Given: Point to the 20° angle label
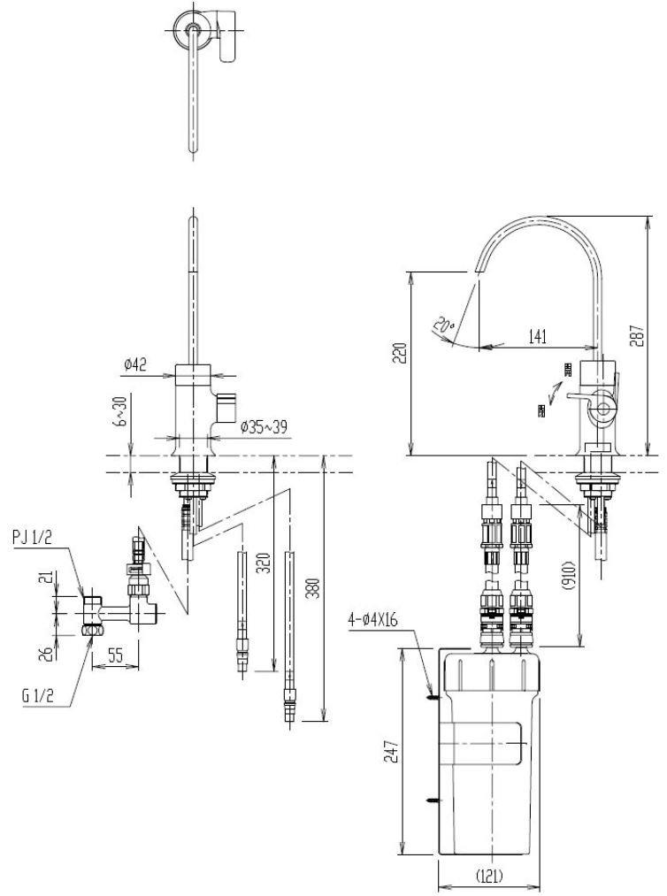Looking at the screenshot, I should pos(443,325).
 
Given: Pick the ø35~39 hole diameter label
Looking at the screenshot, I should pos(264,427).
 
